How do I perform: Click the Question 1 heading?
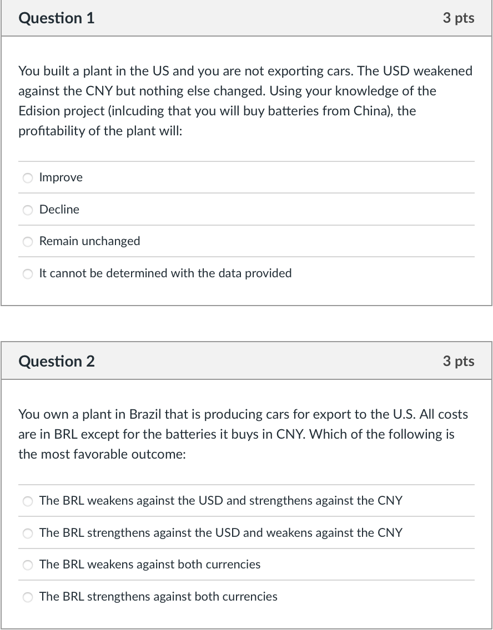57,18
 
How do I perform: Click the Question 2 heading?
57,362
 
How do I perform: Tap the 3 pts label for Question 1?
458,18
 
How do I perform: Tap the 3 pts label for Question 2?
458,362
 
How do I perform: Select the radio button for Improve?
28,178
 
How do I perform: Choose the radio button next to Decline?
28,210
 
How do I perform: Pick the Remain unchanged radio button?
28,242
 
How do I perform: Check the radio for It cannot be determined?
28,273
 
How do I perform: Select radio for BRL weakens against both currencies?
28,565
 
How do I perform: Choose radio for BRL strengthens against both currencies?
28,597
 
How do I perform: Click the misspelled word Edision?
38,111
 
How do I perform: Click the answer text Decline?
59,210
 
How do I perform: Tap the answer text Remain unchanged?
89,241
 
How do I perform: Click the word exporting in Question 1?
298,71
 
